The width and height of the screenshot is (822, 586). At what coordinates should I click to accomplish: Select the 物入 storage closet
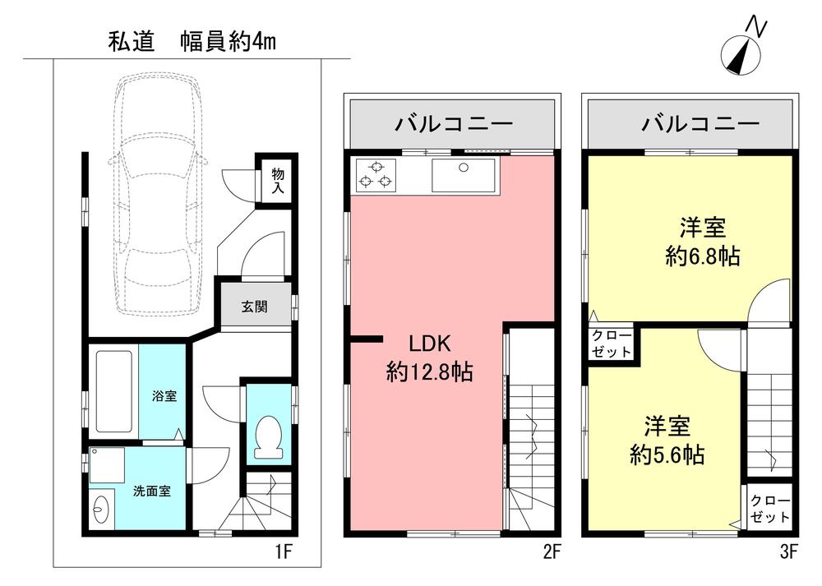pos(279,180)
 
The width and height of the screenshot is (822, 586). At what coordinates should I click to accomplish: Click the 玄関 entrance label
pos(253,307)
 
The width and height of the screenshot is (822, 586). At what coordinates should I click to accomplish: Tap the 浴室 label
pos(164,396)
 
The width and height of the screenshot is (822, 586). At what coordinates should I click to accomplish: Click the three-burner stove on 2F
pos(376,175)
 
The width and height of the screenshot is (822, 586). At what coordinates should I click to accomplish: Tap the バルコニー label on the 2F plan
pos(453,125)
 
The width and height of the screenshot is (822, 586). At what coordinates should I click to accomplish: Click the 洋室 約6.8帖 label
pos(701,241)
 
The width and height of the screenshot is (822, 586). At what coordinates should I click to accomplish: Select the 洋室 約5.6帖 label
pos(666,441)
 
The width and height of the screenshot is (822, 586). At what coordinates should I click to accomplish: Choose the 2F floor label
pos(552,552)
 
